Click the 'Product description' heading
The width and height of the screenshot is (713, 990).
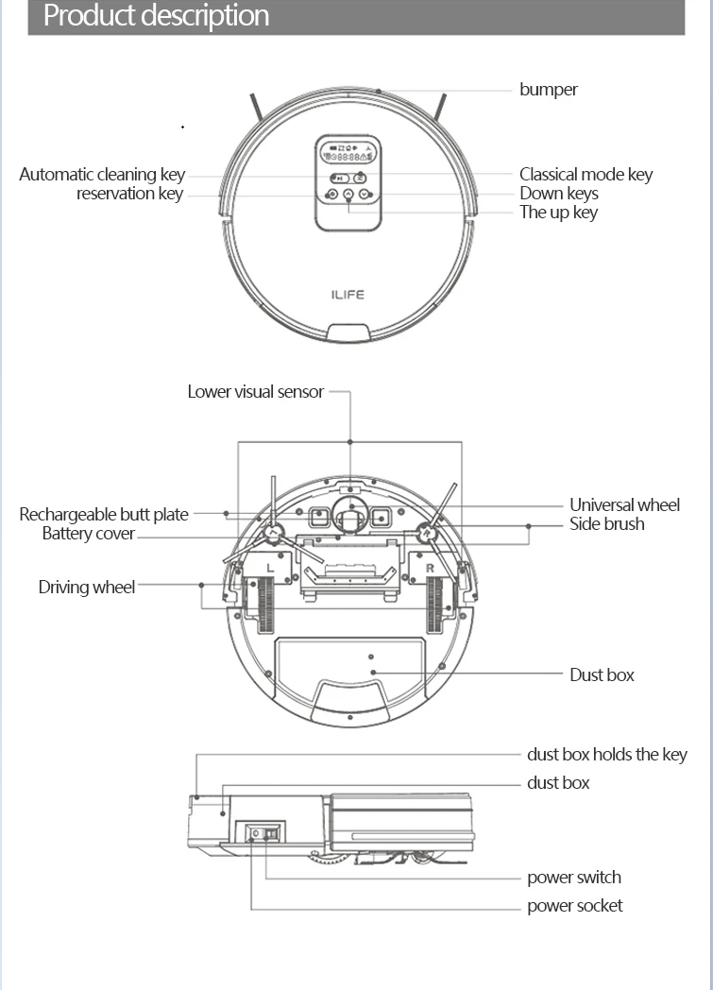157,16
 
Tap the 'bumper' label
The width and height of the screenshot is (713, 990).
548,90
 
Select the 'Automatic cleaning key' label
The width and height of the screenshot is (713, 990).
102,175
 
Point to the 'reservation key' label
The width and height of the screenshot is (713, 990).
129,194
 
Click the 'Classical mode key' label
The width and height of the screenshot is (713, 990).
586,175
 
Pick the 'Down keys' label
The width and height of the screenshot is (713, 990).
558,194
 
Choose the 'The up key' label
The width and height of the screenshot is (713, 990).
558,213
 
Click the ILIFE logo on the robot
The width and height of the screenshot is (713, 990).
348,295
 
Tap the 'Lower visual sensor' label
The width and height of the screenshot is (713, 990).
255,391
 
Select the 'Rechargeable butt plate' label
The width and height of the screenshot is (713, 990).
104,515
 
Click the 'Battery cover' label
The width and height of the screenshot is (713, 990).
88,534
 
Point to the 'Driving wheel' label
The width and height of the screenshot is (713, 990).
87,588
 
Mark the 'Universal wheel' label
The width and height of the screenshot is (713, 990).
624,505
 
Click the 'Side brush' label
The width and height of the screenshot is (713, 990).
606,524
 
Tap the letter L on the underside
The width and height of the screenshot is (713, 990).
270,568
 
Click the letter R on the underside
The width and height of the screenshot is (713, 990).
430,568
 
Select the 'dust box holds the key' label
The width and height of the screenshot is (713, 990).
606,755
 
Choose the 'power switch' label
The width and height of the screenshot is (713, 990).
573,878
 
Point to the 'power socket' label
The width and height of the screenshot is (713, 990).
574,906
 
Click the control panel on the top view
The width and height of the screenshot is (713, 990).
348,182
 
